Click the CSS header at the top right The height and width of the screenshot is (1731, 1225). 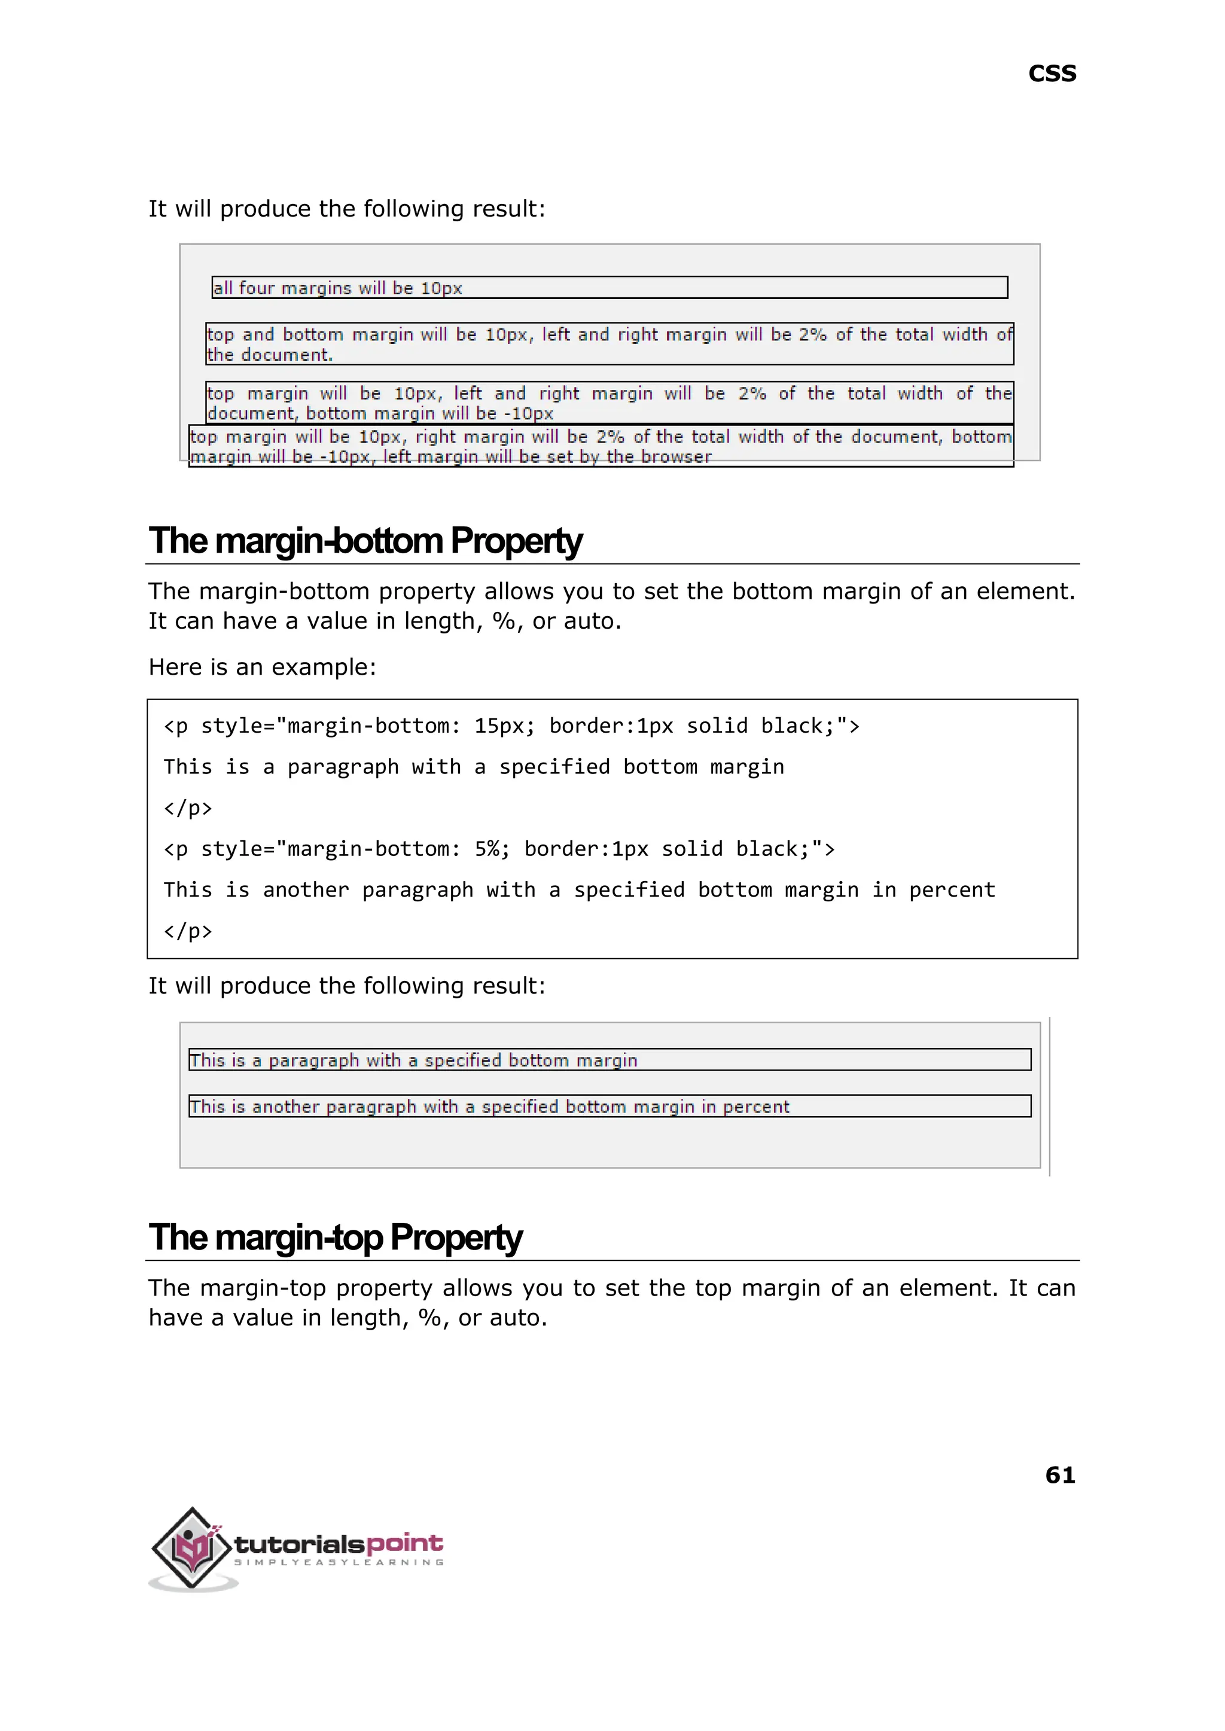(1052, 74)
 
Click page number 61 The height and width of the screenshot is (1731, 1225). (1060, 1474)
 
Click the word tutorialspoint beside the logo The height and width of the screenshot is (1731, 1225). (338, 1543)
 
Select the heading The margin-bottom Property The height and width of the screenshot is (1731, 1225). (365, 541)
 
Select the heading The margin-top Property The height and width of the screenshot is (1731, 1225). (335, 1238)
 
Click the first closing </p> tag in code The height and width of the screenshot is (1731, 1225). (188, 808)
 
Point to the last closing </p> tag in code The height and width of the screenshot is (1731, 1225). (188, 931)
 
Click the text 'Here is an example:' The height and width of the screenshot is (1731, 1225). (262, 667)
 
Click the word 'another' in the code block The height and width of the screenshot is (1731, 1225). (306, 890)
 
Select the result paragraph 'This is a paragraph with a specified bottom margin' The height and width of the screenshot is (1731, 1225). (413, 1060)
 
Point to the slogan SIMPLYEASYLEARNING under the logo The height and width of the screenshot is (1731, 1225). (338, 1562)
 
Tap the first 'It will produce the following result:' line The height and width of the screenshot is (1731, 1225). (346, 209)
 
